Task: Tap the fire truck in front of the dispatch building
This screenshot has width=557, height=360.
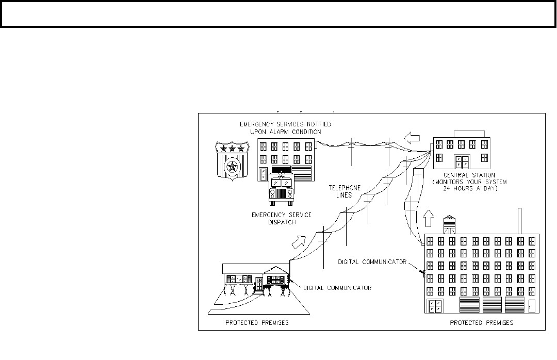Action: pos(282,189)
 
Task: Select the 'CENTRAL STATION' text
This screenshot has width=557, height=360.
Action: pos(469,175)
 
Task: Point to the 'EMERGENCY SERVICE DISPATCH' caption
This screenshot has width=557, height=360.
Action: pos(282,218)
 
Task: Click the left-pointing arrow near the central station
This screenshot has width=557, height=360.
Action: pos(412,137)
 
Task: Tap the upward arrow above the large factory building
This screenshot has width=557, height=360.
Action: pos(429,218)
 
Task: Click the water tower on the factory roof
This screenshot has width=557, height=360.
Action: pos(449,224)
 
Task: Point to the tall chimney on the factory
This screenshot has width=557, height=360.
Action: pos(520,221)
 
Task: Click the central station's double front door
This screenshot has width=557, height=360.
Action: pos(463,162)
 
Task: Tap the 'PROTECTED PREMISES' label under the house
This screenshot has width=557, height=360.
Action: pos(257,323)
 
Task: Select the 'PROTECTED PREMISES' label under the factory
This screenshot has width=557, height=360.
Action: pos(481,323)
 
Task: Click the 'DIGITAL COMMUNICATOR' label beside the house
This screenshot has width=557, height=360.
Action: pos(337,288)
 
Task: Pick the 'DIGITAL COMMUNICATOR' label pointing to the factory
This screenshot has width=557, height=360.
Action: pos(372,262)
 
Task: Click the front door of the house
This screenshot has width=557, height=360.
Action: pos(259,284)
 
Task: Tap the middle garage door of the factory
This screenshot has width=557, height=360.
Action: pos(492,305)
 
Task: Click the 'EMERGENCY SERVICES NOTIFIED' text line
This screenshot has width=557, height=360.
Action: pos(285,124)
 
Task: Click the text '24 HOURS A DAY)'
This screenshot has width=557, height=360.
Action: pos(470,188)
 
